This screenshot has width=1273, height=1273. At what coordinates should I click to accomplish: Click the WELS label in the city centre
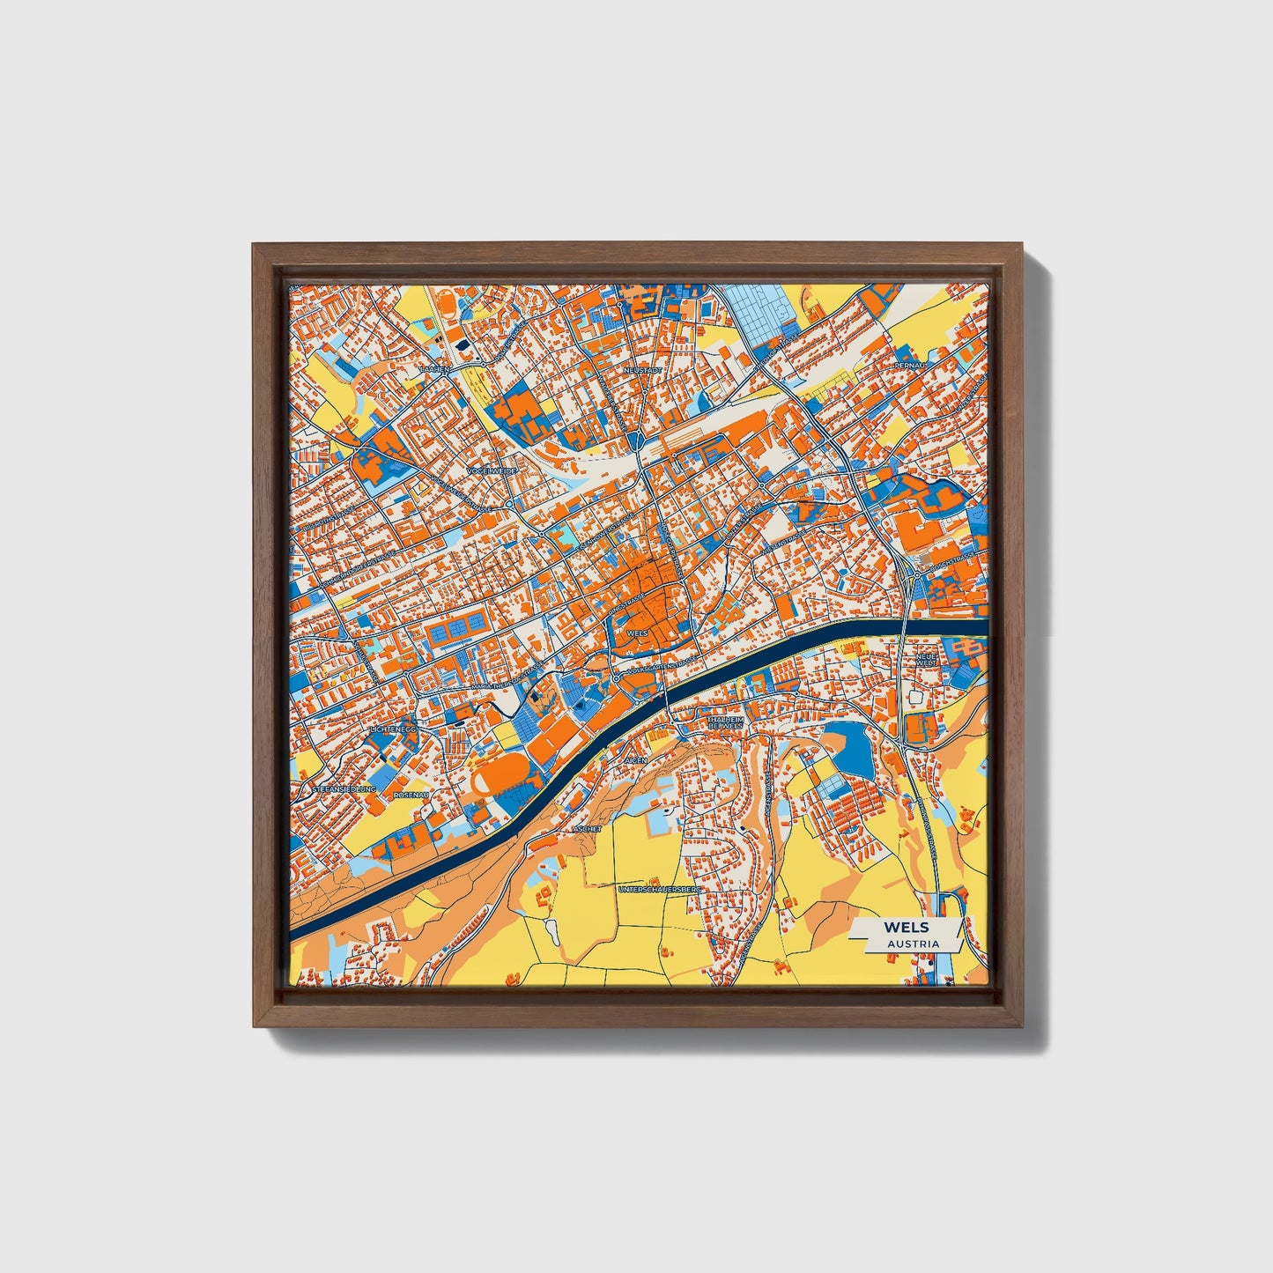click(x=636, y=633)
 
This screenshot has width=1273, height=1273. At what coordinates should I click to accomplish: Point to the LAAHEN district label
click(x=435, y=370)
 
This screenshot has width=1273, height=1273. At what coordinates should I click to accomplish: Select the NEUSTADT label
click(x=641, y=371)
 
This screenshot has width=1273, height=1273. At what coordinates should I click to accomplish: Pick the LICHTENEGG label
click(x=393, y=730)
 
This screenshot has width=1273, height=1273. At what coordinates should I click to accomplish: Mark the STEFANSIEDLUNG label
click(x=344, y=789)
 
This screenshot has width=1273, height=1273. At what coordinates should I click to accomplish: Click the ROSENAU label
click(x=411, y=795)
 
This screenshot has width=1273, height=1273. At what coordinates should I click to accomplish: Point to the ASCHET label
click(x=587, y=829)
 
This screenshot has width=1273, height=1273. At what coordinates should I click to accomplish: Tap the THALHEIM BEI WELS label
click(x=726, y=722)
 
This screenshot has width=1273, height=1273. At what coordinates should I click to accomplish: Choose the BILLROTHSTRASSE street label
click(x=322, y=528)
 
